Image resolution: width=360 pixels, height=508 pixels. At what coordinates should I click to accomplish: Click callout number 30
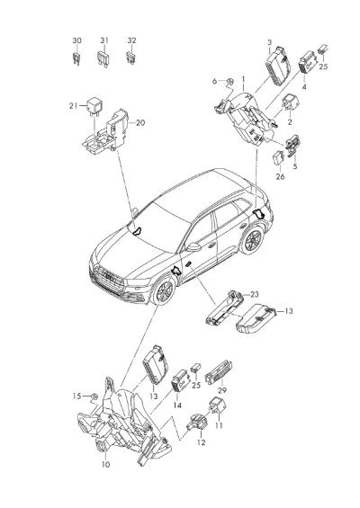76,40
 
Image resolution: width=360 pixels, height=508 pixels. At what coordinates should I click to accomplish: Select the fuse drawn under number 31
103,59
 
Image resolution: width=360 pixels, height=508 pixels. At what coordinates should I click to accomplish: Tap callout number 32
131,40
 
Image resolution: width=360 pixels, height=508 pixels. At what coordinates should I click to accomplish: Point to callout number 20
140,123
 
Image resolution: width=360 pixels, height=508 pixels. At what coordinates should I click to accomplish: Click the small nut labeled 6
229,81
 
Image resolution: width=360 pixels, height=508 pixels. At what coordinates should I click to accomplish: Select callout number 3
270,42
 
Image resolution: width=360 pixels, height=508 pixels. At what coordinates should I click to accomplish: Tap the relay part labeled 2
290,102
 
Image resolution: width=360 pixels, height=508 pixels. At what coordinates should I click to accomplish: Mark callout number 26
280,176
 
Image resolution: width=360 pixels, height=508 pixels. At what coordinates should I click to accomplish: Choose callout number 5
295,166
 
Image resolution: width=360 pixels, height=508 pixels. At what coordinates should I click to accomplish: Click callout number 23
255,295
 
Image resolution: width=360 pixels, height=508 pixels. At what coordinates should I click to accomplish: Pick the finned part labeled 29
219,373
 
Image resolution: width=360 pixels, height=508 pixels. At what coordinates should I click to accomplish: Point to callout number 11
220,425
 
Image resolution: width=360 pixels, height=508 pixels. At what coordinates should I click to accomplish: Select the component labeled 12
197,424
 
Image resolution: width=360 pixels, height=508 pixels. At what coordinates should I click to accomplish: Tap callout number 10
105,465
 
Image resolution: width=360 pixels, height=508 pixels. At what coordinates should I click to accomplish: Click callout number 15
76,396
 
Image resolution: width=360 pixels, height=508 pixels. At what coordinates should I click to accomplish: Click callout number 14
177,406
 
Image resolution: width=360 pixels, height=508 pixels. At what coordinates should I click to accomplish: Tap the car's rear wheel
253,239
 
